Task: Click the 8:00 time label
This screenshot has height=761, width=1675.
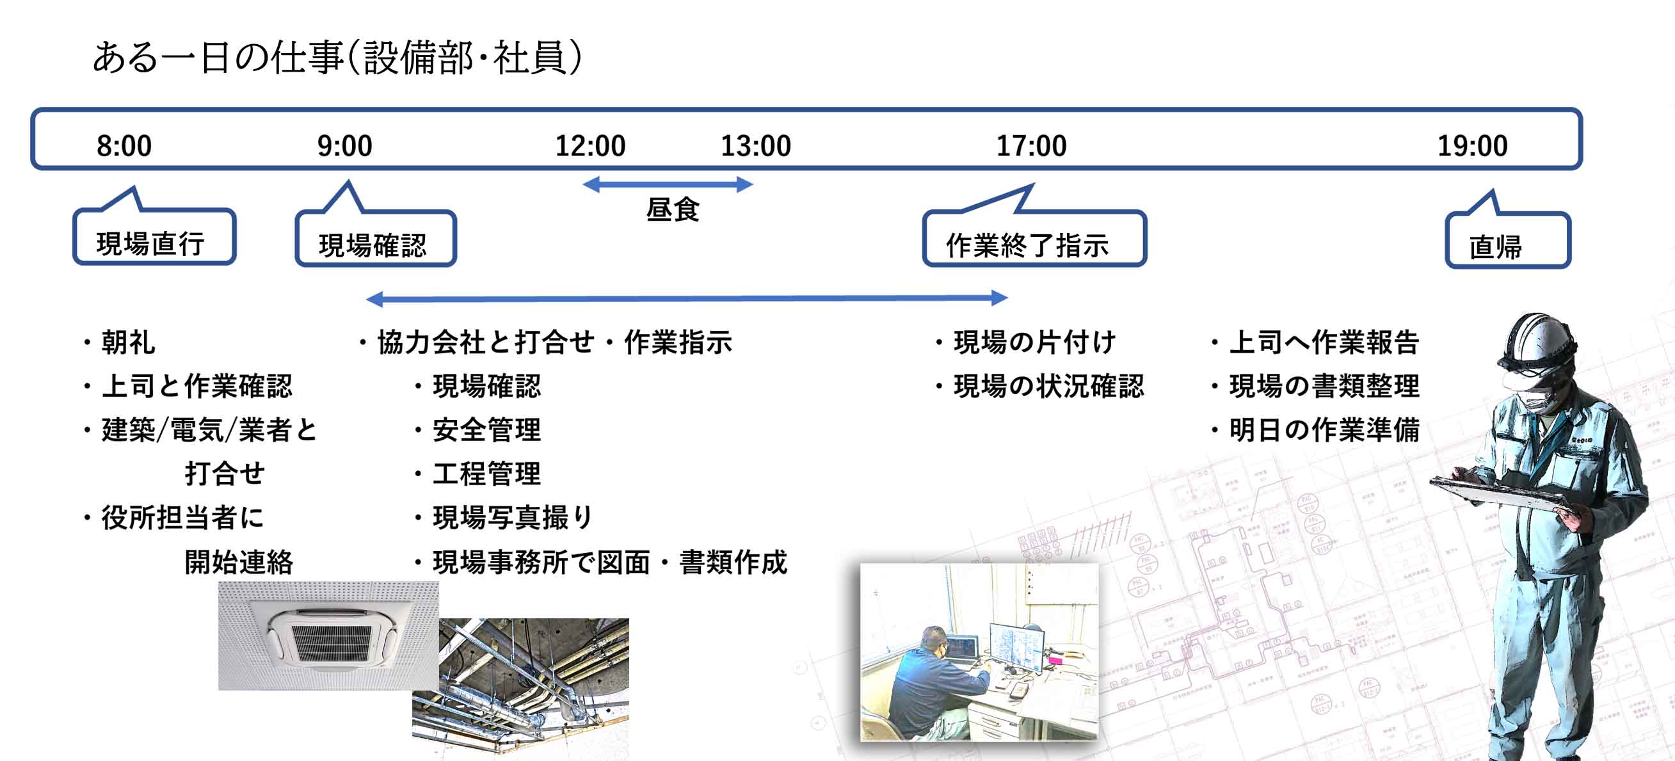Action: [x=124, y=146]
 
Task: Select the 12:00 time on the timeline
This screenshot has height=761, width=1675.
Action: [x=589, y=146]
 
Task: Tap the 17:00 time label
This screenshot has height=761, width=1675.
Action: [x=1031, y=146]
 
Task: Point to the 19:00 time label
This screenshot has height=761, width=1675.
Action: [x=1472, y=146]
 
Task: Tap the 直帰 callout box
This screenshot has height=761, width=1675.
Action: [x=1508, y=240]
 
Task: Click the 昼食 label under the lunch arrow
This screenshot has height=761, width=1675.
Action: [x=672, y=209]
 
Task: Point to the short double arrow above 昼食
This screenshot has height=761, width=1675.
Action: [x=668, y=185]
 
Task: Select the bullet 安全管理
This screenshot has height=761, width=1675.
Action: [x=478, y=430]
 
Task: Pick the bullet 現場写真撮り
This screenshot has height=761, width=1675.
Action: [x=504, y=518]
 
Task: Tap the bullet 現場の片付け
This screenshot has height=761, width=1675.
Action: [x=1026, y=342]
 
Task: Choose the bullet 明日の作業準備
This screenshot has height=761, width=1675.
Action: [x=1315, y=430]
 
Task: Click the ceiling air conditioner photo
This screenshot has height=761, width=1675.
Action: [x=328, y=636]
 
